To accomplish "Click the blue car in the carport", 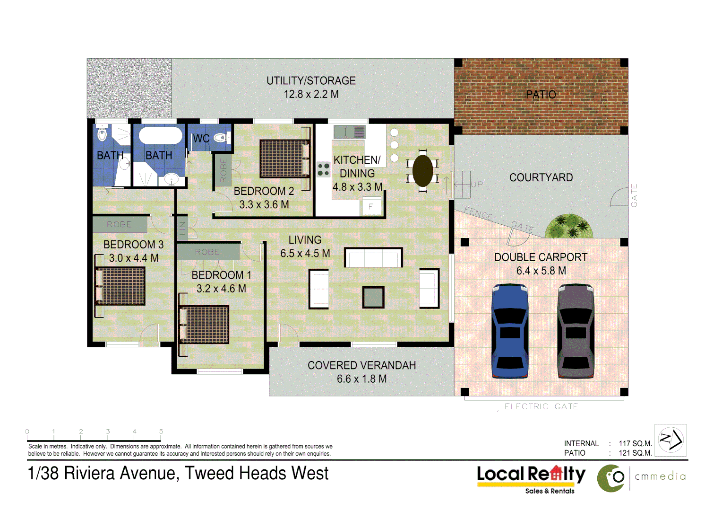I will [510, 331].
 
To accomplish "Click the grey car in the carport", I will [576, 331].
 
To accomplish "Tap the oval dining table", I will [422, 171].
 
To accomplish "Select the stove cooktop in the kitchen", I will [323, 169].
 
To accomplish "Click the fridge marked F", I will [371, 207].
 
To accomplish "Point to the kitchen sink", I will [349, 132].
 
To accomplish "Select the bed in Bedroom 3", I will [121, 286].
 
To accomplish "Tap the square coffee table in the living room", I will [373, 297].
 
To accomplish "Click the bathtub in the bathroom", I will [160, 135].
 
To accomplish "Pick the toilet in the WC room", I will [220, 138].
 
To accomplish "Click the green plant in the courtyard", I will [569, 226].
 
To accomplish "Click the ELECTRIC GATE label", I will [541, 406].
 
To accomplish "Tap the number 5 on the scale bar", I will [161, 432].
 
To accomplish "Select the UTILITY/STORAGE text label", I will [311, 81].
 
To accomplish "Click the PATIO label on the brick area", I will [541, 95].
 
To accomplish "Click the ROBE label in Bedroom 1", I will [207, 252].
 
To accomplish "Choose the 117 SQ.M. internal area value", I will [635, 443].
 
